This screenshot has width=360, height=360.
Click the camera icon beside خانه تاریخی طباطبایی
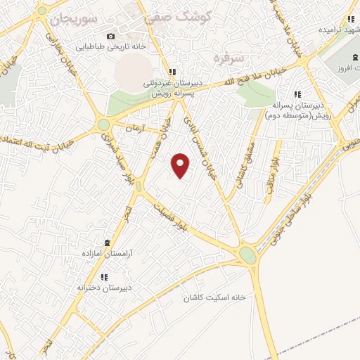point(110,36)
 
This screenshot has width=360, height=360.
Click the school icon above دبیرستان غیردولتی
point(172,72)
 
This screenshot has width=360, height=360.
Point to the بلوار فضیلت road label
point(172,214)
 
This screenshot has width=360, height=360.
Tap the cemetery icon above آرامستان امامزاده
point(107,241)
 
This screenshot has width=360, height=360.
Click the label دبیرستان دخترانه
point(106,288)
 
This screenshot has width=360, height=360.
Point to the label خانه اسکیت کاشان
point(214,297)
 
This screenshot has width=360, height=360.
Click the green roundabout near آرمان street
point(104,124)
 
